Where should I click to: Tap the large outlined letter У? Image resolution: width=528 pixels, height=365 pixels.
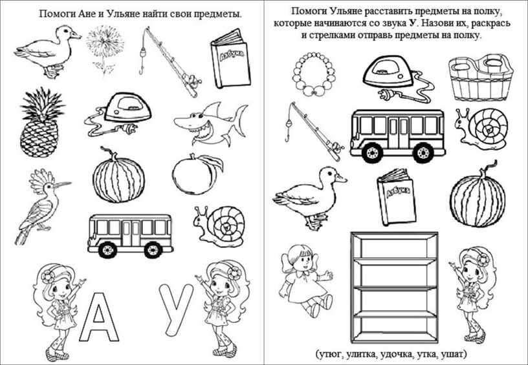[x=176, y=302]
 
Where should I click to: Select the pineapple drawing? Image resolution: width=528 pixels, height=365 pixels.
[x=40, y=122]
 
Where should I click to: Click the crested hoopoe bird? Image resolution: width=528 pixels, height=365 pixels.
[x=40, y=205]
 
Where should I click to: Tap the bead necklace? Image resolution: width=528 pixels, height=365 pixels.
[x=314, y=74]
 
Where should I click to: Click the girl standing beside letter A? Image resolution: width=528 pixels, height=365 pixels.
[x=57, y=309]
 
